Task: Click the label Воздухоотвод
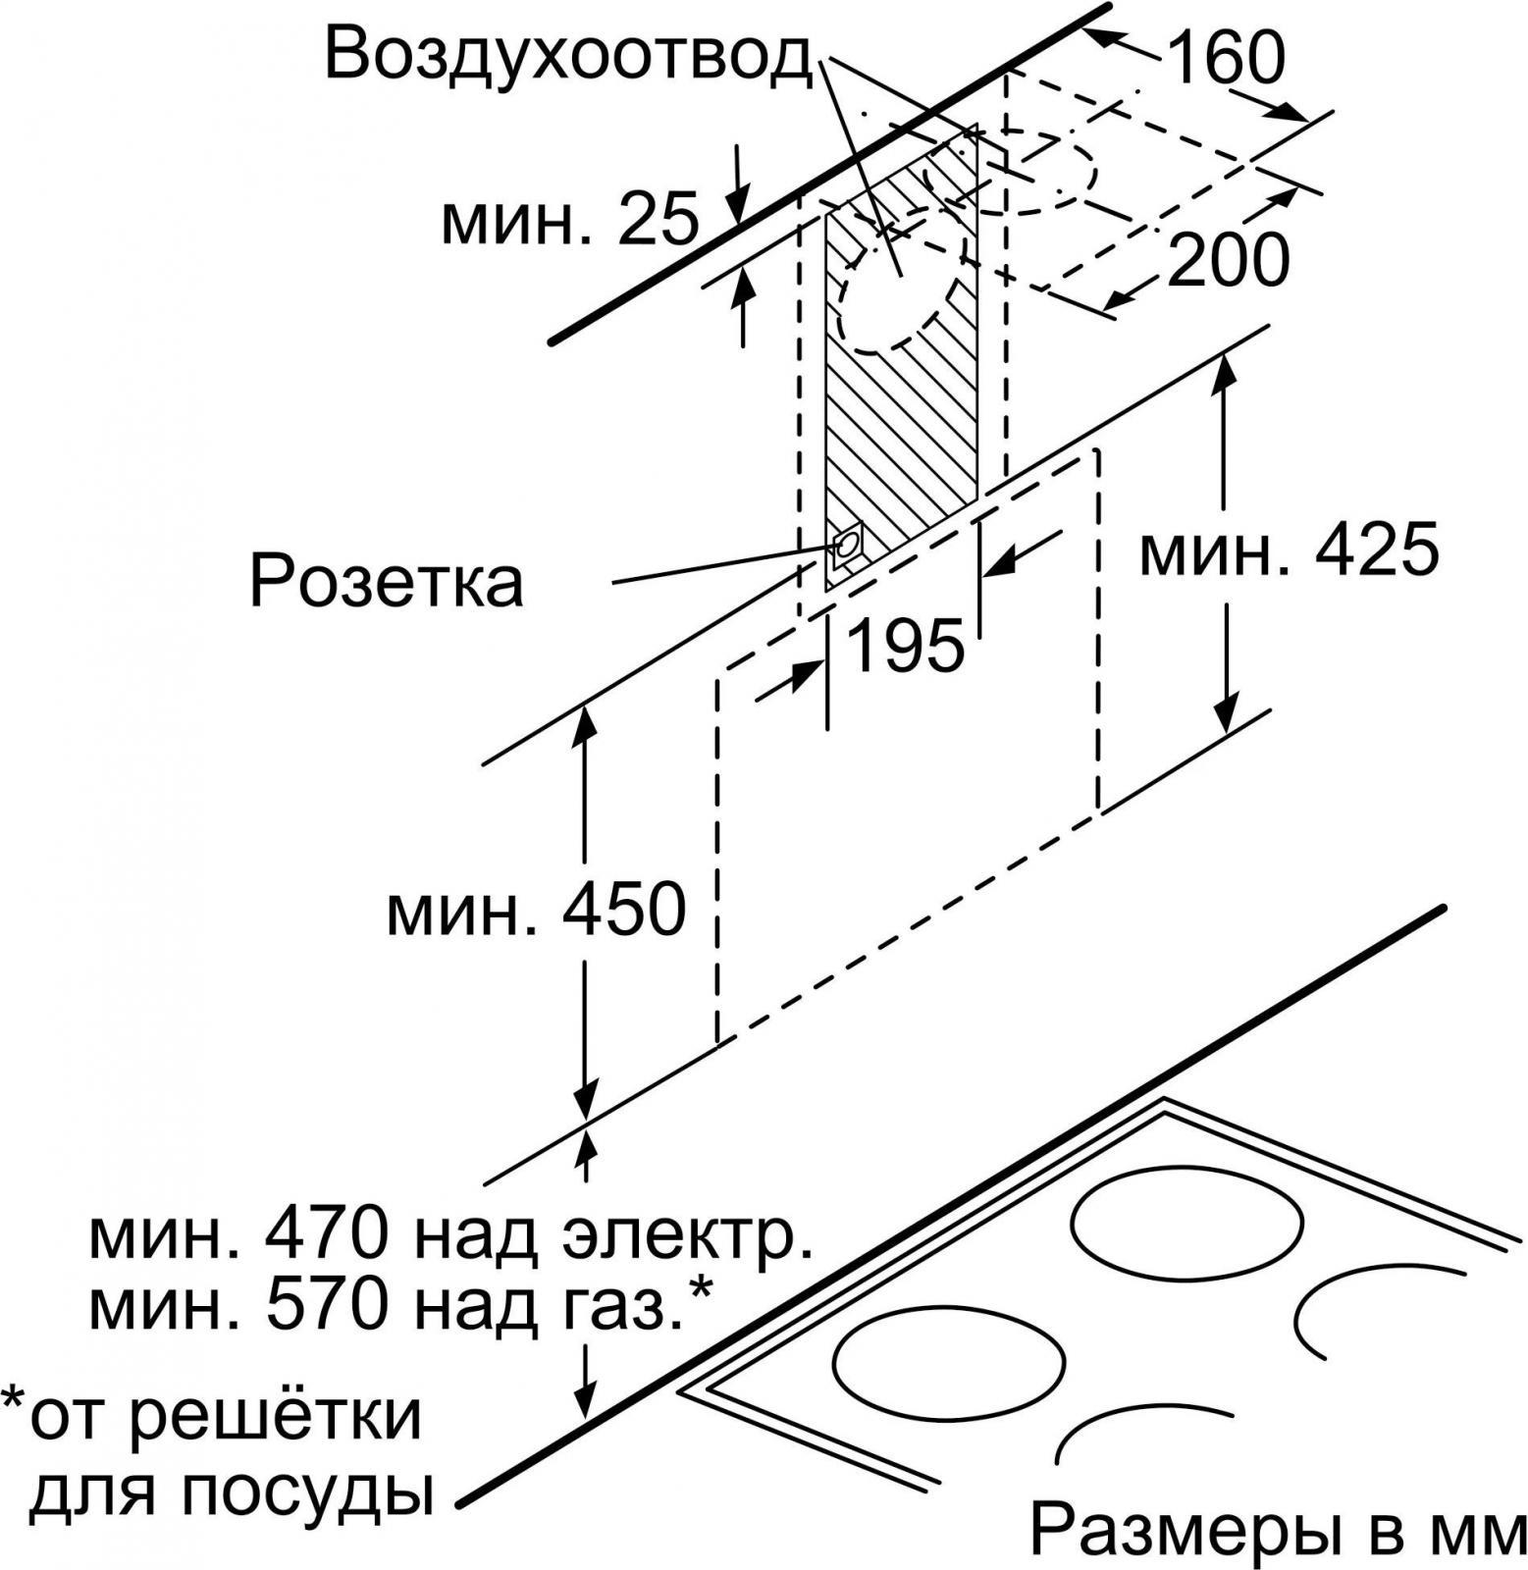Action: (569, 54)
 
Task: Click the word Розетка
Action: (387, 582)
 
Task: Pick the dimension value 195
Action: (904, 647)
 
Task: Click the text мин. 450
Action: (536, 911)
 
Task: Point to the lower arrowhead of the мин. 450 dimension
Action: (586, 1098)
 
